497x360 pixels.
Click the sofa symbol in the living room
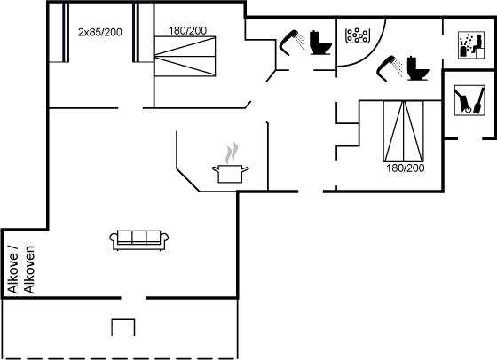138,240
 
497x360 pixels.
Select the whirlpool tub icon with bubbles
358,35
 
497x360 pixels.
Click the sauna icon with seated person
471,44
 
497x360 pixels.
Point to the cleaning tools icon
469,100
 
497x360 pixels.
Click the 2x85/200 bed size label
99,32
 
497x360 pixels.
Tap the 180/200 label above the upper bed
187,31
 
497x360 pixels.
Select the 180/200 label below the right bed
405,168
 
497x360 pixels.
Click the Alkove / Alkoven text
21,270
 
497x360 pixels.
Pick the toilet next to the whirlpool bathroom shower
417,68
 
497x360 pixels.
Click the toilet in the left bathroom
320,43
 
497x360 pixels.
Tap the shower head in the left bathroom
292,43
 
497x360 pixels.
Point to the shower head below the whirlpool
390,68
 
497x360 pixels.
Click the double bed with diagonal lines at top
185,57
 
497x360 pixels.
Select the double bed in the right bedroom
404,131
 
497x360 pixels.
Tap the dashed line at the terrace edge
120,358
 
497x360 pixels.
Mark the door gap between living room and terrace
133,298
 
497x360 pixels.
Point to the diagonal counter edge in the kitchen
188,181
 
